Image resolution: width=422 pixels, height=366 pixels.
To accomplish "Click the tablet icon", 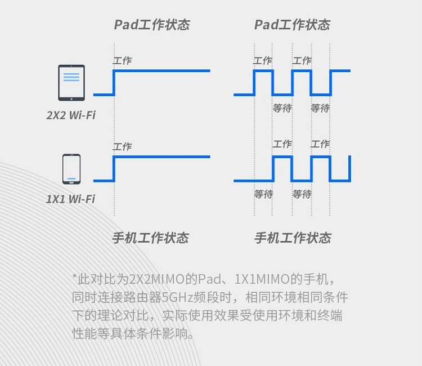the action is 71,83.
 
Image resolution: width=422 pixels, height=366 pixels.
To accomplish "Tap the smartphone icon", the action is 71,169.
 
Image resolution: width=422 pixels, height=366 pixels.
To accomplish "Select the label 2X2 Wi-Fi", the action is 71,115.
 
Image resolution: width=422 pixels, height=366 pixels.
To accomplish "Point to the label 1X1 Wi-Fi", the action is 70,199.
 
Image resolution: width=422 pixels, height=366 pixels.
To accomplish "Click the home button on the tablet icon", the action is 71,99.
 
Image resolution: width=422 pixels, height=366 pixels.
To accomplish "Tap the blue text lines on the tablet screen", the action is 71,77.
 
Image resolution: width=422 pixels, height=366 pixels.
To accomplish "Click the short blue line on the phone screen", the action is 71,178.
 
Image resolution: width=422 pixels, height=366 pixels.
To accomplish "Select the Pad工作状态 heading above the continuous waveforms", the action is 152,25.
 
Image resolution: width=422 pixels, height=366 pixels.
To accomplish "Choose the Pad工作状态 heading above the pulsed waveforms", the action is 292,25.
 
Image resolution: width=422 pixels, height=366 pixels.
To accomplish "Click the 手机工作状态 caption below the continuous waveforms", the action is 150,238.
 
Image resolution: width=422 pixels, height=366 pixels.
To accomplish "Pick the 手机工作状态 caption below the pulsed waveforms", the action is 293,238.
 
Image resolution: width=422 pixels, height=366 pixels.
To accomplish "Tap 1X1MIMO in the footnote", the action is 262,279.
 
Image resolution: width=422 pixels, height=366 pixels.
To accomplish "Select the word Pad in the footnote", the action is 210,279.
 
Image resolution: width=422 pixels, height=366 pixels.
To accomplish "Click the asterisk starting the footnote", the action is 74,276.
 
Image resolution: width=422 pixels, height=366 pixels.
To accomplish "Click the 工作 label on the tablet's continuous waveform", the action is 123,61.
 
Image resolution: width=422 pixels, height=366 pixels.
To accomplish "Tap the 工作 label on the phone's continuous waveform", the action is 123,146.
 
